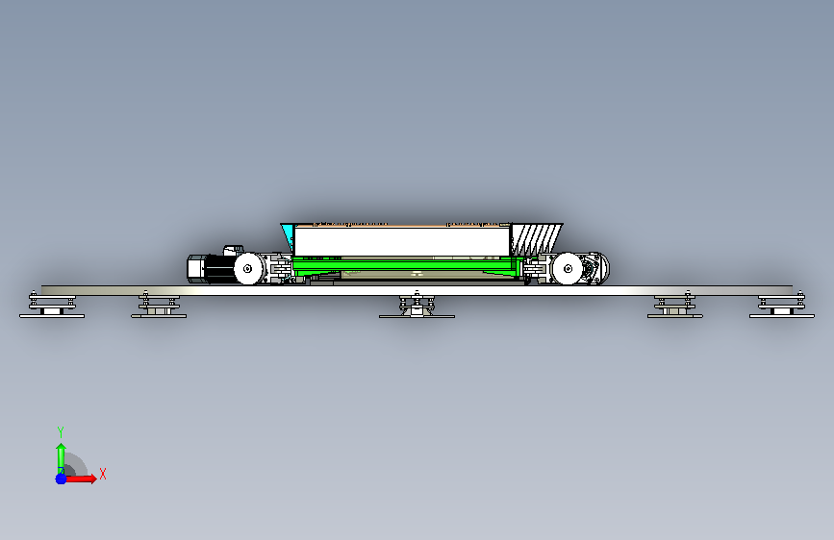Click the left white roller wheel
(248, 268)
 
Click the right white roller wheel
(567, 268)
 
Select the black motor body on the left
(219, 269)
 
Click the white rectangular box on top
(401, 241)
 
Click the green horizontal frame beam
(408, 266)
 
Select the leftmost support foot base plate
(52, 316)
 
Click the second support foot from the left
(159, 306)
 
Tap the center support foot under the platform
(417, 307)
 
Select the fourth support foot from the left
(675, 306)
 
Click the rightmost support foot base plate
(782, 316)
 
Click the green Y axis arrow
(61, 458)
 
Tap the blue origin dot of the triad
(62, 479)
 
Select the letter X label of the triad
(103, 474)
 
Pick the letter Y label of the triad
(61, 431)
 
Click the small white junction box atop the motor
(233, 250)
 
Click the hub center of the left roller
(247, 268)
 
